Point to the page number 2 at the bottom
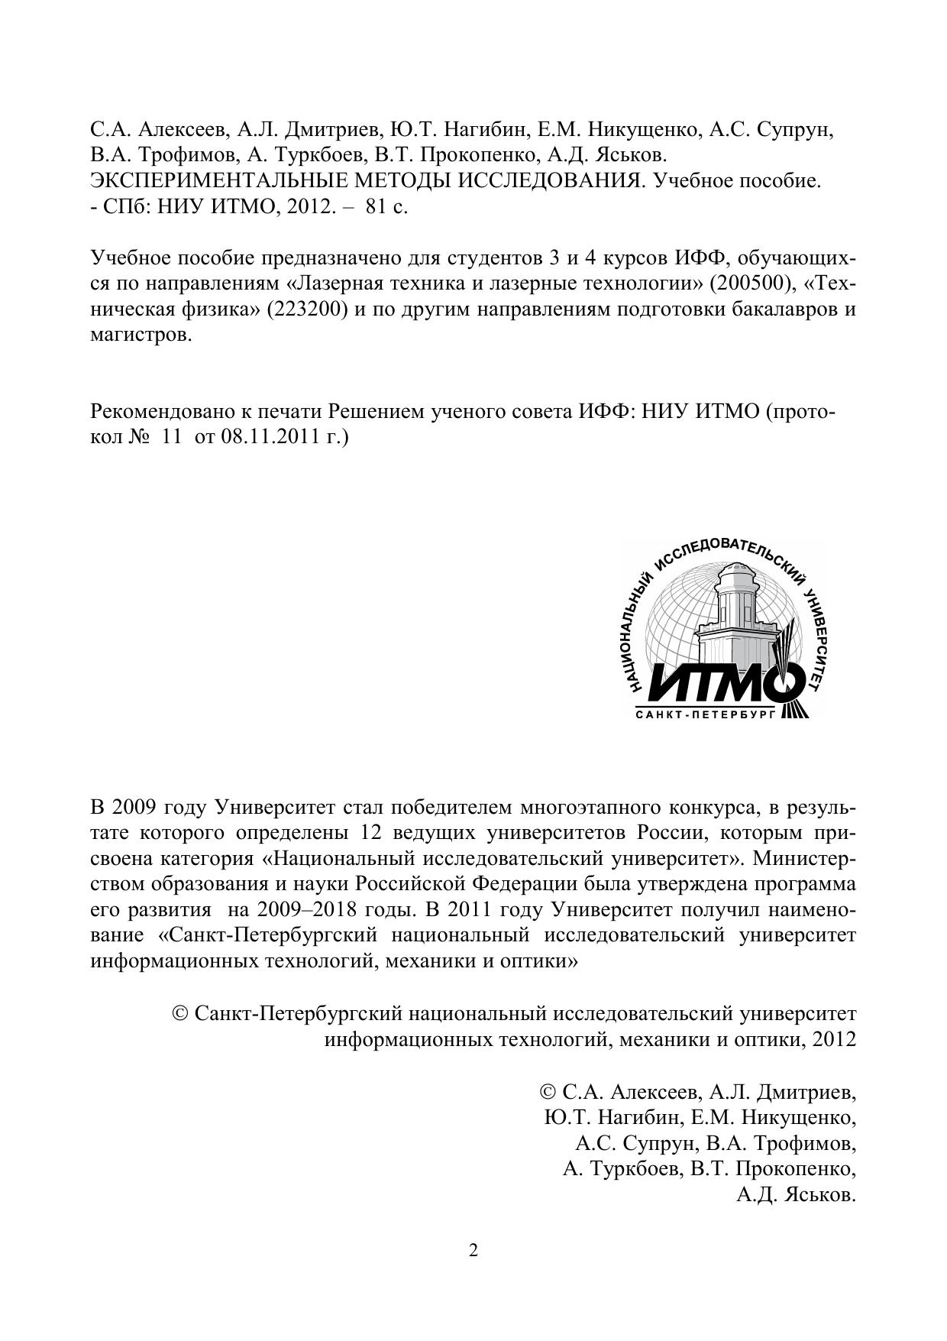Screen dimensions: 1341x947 [x=473, y=1251]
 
